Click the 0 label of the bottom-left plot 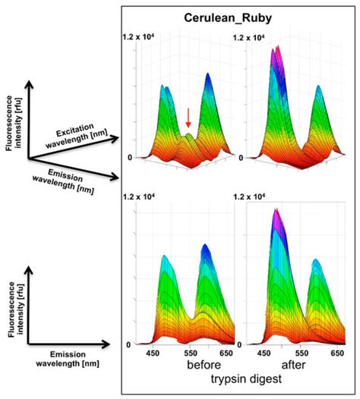129,345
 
